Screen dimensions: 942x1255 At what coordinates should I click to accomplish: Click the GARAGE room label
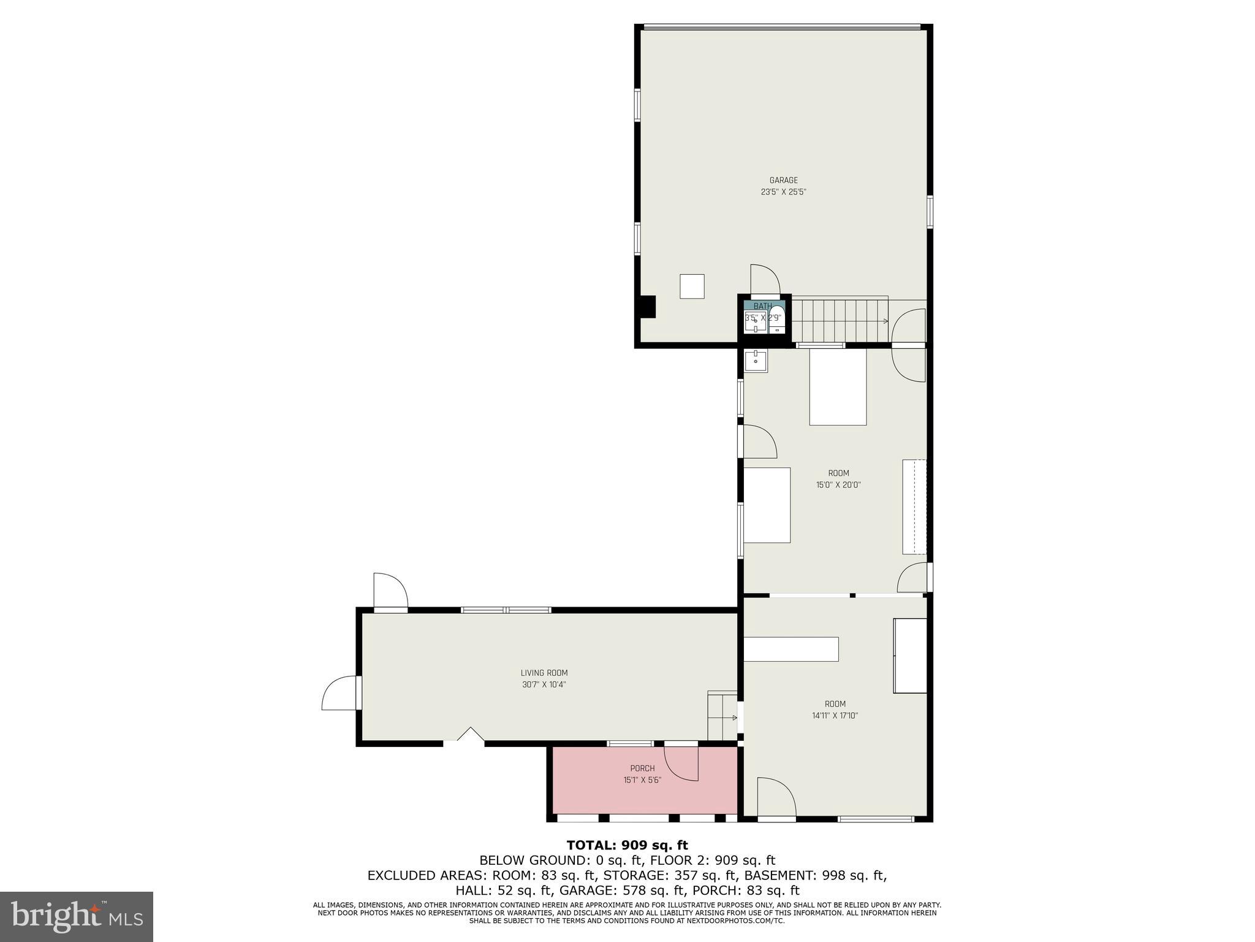point(783,180)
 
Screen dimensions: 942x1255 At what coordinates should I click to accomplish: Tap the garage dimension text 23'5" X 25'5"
point(783,192)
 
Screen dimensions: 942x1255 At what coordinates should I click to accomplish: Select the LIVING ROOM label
point(544,673)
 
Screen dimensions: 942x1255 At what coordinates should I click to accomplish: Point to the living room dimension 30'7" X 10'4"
point(544,684)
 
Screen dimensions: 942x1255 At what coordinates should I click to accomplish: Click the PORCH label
point(642,768)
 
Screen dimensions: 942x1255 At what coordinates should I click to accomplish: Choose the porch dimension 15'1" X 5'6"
point(642,780)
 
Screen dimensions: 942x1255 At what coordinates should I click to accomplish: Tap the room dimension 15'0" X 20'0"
point(838,484)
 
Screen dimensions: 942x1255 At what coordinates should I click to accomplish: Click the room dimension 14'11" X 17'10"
point(835,715)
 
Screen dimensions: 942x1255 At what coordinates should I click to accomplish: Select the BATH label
point(763,306)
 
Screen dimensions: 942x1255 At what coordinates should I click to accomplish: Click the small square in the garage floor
point(692,286)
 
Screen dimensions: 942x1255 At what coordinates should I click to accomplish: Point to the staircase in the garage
point(840,320)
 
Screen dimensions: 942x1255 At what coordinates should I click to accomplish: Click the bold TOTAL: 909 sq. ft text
point(627,846)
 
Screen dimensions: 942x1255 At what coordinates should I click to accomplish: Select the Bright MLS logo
point(77,917)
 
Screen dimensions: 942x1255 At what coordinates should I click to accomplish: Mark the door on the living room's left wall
point(340,693)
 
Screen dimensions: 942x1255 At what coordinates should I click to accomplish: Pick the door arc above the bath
point(765,280)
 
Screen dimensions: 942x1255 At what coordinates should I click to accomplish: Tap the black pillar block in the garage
point(647,307)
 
